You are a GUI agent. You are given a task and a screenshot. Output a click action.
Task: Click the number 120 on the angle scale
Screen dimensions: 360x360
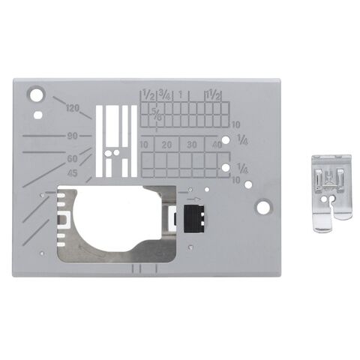point(73,108)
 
